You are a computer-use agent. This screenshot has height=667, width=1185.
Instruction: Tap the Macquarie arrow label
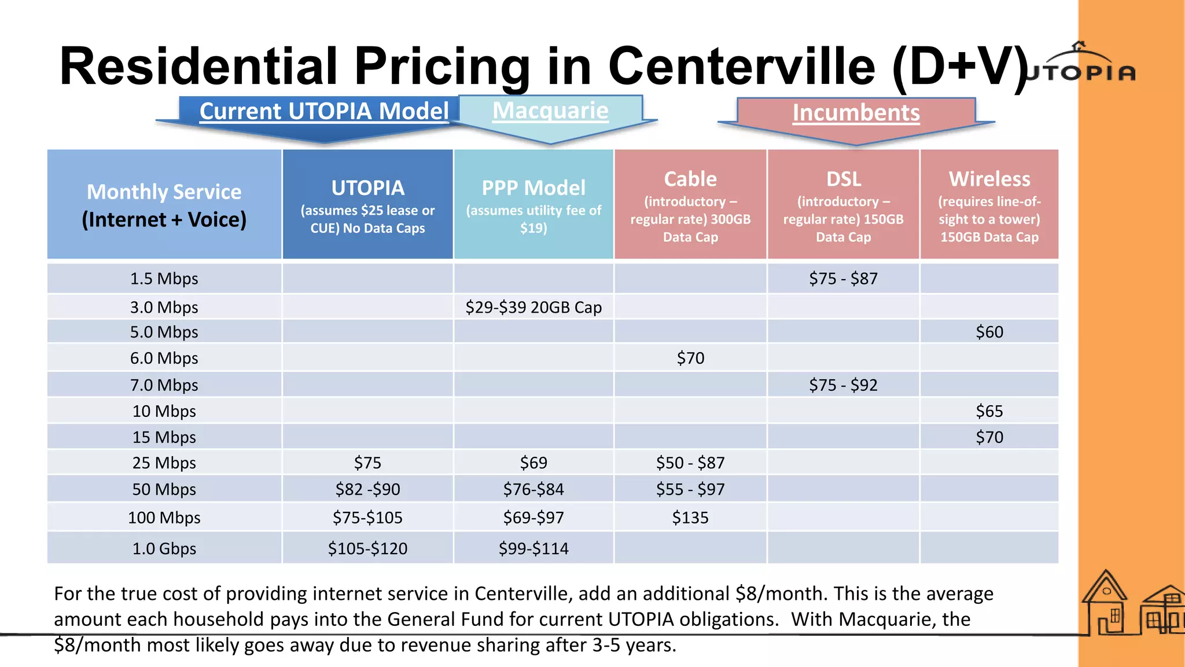click(550, 111)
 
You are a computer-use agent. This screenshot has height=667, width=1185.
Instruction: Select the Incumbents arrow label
click(856, 113)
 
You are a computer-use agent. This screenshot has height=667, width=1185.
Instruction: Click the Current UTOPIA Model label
click(324, 111)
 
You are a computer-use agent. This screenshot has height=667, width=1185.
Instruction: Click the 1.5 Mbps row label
click(164, 279)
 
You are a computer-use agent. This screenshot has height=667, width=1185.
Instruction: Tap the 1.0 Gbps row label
click(164, 548)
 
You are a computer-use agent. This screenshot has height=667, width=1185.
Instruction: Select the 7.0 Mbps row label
click(164, 385)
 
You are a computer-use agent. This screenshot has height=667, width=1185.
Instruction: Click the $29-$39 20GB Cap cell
click(533, 307)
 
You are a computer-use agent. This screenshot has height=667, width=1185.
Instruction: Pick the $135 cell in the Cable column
click(690, 518)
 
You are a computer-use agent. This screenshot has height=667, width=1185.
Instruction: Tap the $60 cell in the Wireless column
click(989, 332)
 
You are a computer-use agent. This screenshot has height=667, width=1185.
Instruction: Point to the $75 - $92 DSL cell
click(843, 385)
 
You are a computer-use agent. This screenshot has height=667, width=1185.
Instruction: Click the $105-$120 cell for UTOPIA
click(367, 548)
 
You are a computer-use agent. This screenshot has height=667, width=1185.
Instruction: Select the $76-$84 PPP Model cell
click(533, 490)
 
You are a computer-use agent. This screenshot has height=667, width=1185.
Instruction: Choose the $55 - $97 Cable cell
click(690, 490)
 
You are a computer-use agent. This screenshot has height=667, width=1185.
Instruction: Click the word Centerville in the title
click(742, 67)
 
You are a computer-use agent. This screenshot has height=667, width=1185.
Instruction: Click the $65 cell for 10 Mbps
click(989, 412)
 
